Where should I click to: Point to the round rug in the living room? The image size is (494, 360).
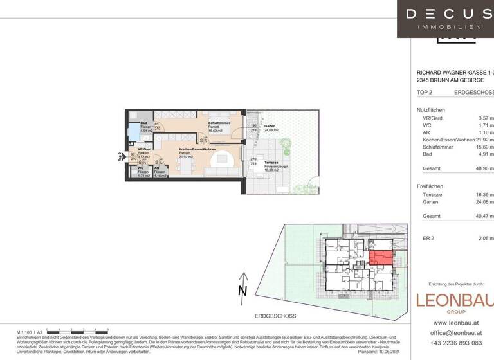pyautogui.click(x=223, y=159)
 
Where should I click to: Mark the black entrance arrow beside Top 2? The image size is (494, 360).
pyautogui.click(x=123, y=156)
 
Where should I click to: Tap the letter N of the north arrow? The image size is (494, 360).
pyautogui.click(x=242, y=291)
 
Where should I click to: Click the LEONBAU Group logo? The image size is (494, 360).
pyautogui.click(x=454, y=301)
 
